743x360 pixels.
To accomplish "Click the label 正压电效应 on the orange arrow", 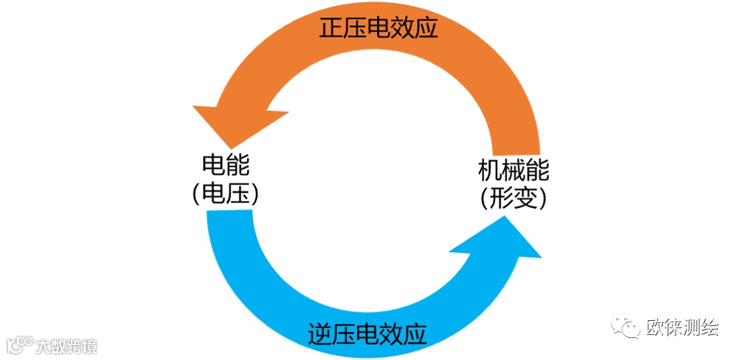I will (x=379, y=27).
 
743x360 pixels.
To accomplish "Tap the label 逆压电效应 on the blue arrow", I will (x=367, y=334).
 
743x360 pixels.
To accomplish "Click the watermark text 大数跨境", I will (x=67, y=345).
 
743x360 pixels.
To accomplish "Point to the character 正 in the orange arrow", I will (x=331, y=27).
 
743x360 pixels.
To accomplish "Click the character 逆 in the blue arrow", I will (x=319, y=334).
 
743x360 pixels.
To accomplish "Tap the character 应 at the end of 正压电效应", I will (x=426, y=27).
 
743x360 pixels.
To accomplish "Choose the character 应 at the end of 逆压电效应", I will (x=415, y=334).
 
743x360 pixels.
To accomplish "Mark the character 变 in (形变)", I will (x=525, y=198).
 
